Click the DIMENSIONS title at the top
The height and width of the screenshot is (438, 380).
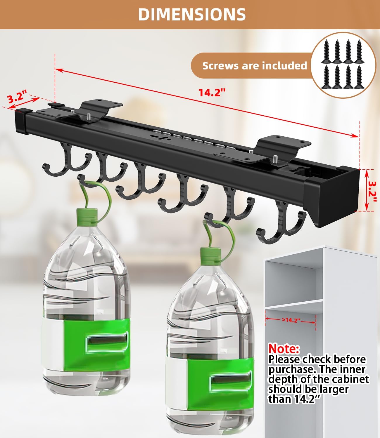coord(192,14)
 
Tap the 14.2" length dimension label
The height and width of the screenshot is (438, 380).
coord(212,92)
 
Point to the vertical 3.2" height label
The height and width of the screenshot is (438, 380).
coord(372,191)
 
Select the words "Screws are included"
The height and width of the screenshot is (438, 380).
coord(254,66)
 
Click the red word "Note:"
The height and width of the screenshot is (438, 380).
coord(284,348)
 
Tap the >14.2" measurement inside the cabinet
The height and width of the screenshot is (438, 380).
coord(291,320)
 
